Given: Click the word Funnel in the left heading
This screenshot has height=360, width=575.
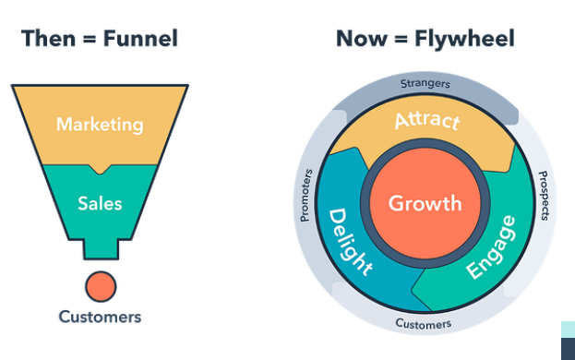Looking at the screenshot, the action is (140, 39).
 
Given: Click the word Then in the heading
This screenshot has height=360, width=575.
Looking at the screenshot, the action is (48, 39).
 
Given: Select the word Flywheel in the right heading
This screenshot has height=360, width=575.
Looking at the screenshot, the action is (464, 39).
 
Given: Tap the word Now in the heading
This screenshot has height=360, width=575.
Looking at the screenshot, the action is (361, 39).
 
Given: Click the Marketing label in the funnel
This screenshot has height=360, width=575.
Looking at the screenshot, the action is (100, 125).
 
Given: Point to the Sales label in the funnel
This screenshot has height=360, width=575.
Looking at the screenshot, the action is (100, 203).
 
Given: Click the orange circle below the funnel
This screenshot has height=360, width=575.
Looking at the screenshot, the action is (101, 287).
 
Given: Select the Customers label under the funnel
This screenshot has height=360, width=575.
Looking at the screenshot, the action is (100, 318).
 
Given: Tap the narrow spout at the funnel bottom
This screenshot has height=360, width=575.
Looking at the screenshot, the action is (101, 249).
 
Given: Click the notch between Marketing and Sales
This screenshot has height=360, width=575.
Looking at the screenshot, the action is (100, 169).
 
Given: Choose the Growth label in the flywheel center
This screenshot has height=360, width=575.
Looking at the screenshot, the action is (425, 203).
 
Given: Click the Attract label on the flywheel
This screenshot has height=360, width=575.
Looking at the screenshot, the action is (427, 121).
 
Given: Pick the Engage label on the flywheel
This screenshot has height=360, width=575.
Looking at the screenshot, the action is (492, 247).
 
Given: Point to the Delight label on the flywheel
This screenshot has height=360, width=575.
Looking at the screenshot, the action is (349, 242).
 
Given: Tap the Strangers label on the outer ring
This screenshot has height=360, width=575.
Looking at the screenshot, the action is (425, 84).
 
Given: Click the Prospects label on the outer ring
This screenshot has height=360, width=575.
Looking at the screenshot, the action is (545, 196).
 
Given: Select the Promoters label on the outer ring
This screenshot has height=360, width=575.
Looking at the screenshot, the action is (306, 196).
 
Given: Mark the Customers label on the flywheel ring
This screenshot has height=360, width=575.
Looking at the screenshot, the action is (424, 324).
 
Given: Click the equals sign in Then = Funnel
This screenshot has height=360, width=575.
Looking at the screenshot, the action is (90, 39).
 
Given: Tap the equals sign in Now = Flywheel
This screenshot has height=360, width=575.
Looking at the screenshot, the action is (401, 39).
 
